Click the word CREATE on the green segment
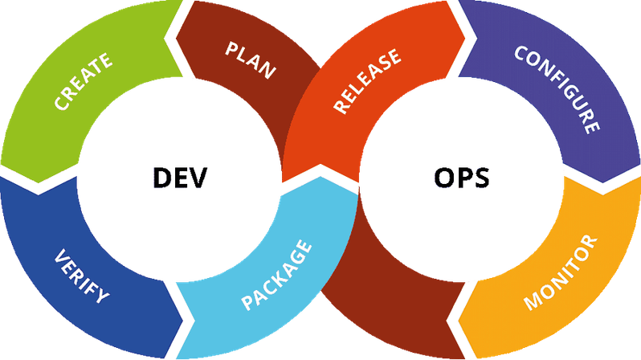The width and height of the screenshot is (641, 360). [84, 81]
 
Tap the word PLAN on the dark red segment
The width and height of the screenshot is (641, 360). [251, 61]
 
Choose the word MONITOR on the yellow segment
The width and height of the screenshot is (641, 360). [561, 272]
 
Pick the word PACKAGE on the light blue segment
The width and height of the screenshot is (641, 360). [277, 276]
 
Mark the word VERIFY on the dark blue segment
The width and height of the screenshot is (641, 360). [81, 277]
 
